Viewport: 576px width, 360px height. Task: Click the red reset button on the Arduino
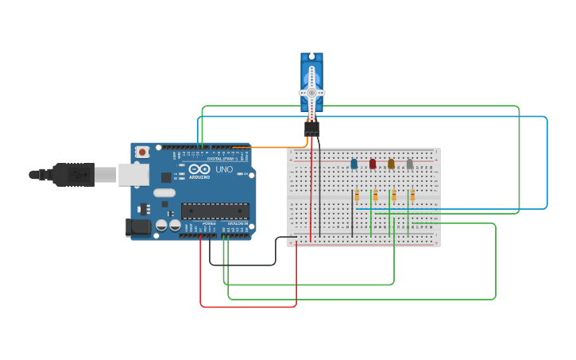(x=142, y=152)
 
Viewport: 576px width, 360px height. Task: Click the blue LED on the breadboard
(x=354, y=164)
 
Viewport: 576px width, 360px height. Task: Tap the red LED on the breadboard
(x=373, y=164)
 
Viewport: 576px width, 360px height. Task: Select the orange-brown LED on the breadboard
(x=391, y=164)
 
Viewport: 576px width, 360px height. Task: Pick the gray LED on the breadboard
(x=410, y=164)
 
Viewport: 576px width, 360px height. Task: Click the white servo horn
(x=311, y=91)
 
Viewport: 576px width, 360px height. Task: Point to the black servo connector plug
(x=312, y=128)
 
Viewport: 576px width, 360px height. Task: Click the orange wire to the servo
(x=270, y=147)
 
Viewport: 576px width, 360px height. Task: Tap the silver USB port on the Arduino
(x=133, y=175)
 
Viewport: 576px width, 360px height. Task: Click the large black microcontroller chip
(x=215, y=211)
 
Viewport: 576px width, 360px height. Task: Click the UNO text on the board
(x=224, y=169)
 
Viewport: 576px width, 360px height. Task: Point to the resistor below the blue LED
(x=357, y=195)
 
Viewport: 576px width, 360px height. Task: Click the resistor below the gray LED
(x=412, y=195)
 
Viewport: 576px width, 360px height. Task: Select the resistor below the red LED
(x=375, y=195)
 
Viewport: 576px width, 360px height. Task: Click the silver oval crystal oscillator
(x=164, y=192)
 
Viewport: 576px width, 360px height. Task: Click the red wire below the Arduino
(x=246, y=306)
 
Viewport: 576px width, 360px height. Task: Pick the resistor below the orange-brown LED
(x=394, y=195)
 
